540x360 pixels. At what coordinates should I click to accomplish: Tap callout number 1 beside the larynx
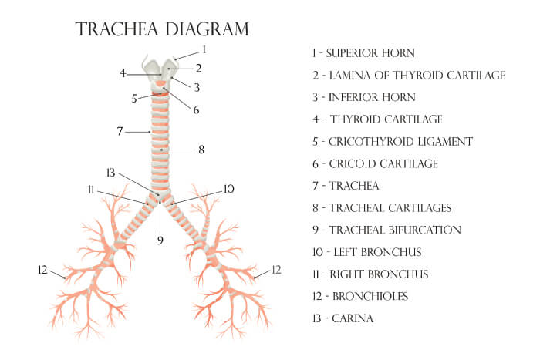[204, 49]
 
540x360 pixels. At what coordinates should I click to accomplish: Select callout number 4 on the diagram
[123, 73]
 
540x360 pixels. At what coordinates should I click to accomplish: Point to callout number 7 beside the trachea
[120, 131]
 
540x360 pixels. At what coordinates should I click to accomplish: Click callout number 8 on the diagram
[201, 150]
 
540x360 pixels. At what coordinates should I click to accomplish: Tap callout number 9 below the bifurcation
[160, 240]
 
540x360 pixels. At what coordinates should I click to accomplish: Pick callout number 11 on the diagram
[90, 190]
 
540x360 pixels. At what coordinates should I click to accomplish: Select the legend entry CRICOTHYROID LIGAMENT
[401, 142]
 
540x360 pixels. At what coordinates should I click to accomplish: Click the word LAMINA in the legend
[349, 76]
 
